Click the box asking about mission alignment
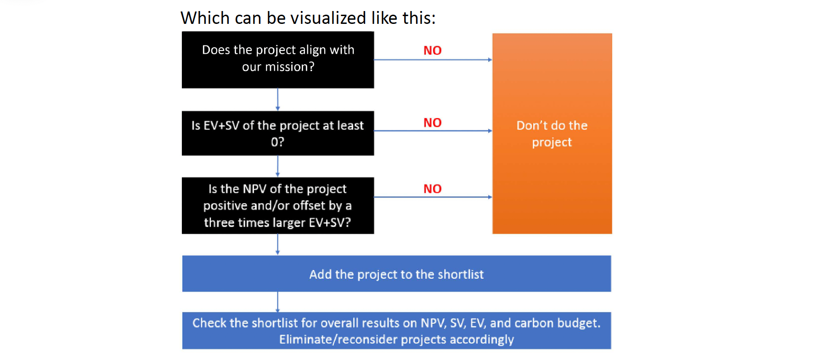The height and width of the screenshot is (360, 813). coord(278,60)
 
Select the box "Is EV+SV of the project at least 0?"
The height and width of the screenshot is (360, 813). coord(278,133)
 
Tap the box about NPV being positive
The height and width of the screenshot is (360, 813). coord(278,206)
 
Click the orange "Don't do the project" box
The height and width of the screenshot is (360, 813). coord(552,134)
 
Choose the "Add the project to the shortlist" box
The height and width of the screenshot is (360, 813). coord(396,274)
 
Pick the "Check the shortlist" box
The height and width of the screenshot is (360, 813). coord(396,331)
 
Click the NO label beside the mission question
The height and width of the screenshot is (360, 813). coord(433,51)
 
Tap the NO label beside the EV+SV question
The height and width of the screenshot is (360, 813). coord(433,123)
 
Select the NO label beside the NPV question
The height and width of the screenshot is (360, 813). coord(433,189)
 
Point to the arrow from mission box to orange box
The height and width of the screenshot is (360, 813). coord(433,60)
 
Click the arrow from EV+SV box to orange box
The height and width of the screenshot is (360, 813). coord(433,131)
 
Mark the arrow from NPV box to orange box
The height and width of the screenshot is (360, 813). coord(433,197)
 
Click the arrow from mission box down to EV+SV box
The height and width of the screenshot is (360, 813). coord(277,100)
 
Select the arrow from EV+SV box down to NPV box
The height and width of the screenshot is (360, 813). coord(277,166)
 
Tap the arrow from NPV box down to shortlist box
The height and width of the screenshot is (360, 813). coord(277,245)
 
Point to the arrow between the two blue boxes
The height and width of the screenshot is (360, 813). coord(277,302)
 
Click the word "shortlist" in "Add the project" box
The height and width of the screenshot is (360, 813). coord(461,274)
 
